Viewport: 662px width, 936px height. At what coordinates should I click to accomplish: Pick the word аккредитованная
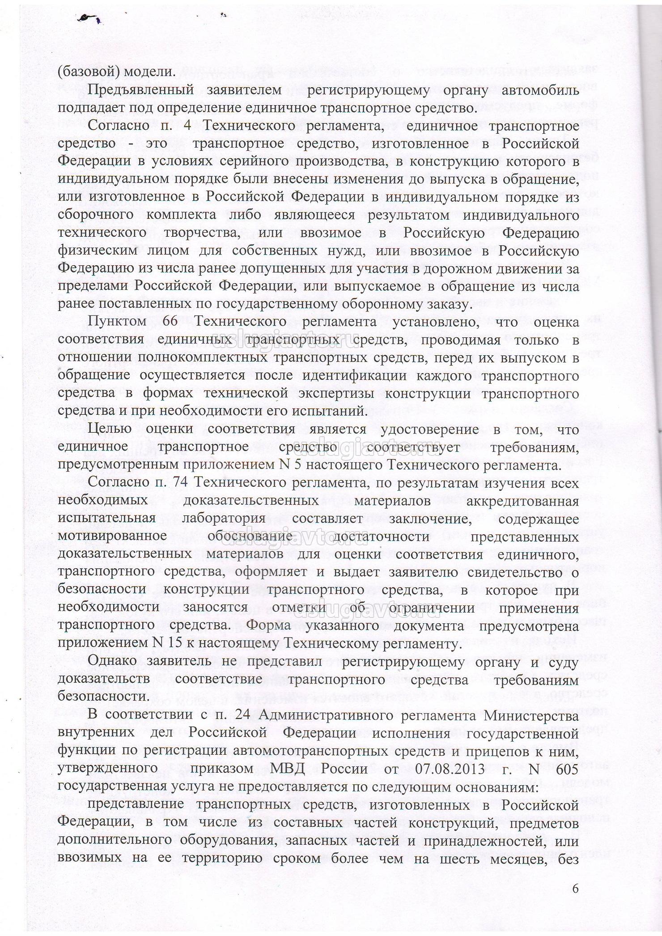click(522, 501)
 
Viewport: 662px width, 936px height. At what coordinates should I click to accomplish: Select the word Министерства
click(531, 715)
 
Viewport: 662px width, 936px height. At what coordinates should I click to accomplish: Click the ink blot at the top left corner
click(88, 18)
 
